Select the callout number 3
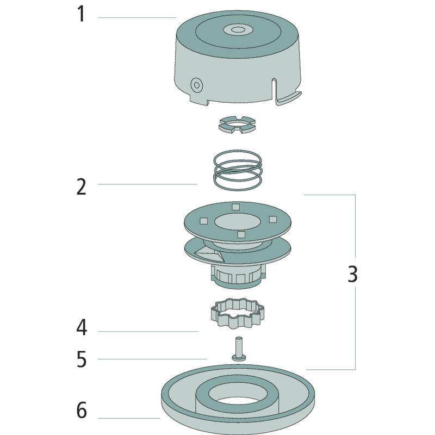coord(353,274)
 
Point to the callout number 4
coord(81,328)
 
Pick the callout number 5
coord(81,359)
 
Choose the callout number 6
coord(81,411)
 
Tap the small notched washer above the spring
coord(237,124)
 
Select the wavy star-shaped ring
coord(237,314)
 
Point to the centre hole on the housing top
coord(237,28)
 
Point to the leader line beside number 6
coord(130,418)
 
